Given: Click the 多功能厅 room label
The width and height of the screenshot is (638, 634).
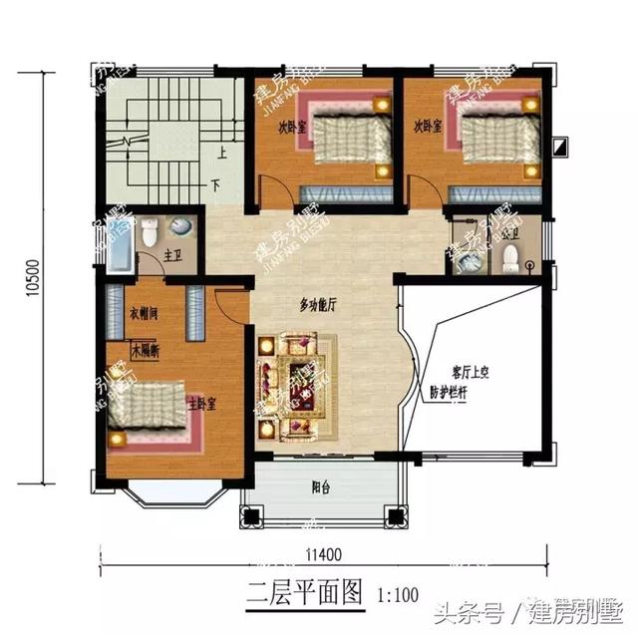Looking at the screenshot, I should pyautogui.click(x=317, y=306).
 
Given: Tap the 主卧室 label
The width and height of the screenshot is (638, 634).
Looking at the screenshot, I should pyautogui.click(x=202, y=405).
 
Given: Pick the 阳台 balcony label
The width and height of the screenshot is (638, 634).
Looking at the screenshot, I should pyautogui.click(x=319, y=488).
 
